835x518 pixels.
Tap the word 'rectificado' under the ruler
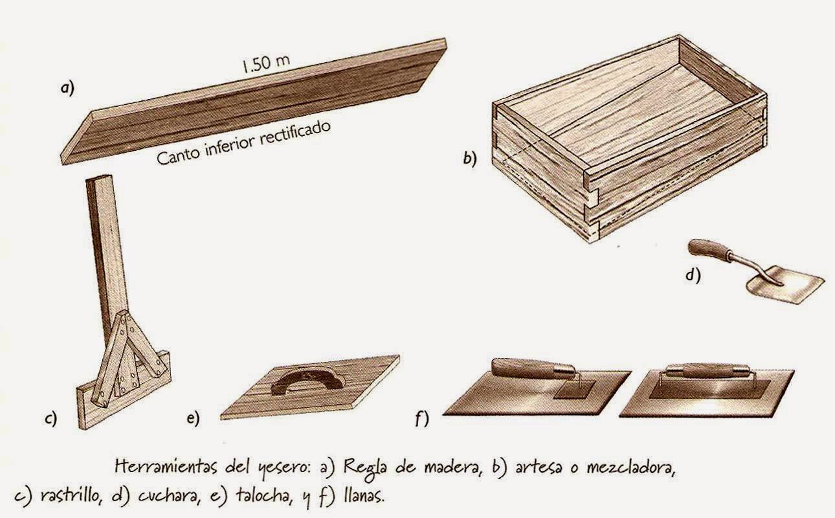click(x=295, y=133)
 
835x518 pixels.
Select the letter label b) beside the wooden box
click(x=470, y=159)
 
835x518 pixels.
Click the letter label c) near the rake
click(x=50, y=419)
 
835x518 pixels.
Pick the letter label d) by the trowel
click(x=693, y=275)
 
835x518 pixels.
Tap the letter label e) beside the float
click(x=193, y=418)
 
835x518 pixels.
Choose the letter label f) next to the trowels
click(x=422, y=419)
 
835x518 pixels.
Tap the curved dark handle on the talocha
click(x=307, y=379)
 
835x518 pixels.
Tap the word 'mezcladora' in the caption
click(x=630, y=467)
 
